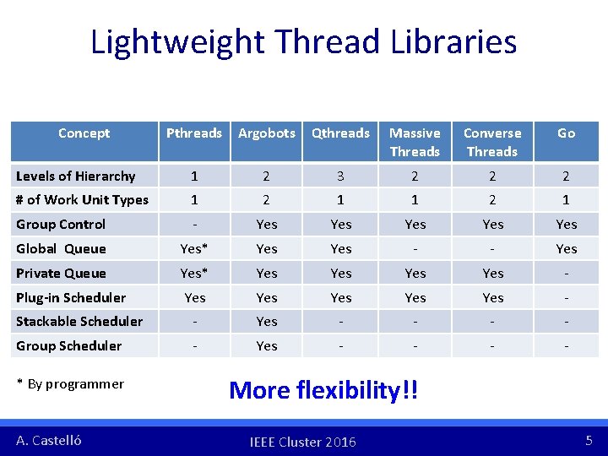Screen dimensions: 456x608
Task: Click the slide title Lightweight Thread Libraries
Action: (x=304, y=41)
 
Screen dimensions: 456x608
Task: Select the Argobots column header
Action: (x=267, y=133)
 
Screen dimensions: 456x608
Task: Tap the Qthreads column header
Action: (x=340, y=133)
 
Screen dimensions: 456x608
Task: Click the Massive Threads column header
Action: (x=415, y=142)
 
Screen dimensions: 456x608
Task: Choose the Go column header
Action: (x=566, y=133)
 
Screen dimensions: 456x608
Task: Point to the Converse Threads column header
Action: (x=492, y=142)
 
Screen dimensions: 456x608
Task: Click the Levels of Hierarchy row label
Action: (x=76, y=176)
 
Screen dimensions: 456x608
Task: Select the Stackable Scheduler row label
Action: (x=79, y=321)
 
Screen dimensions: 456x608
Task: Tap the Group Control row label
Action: (x=61, y=224)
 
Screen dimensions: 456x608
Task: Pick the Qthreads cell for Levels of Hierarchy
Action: (x=340, y=176)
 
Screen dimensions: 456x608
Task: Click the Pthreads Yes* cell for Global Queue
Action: (x=194, y=248)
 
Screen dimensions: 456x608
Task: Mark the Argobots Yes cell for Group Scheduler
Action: (x=267, y=345)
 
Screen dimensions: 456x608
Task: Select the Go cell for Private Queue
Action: (x=566, y=273)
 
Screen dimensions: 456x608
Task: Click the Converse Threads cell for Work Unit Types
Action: (x=492, y=200)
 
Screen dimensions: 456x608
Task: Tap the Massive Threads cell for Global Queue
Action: (x=415, y=248)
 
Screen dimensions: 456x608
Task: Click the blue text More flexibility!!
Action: (x=323, y=390)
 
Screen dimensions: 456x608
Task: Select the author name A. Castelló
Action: (x=49, y=441)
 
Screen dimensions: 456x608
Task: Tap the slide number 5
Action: (x=589, y=441)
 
